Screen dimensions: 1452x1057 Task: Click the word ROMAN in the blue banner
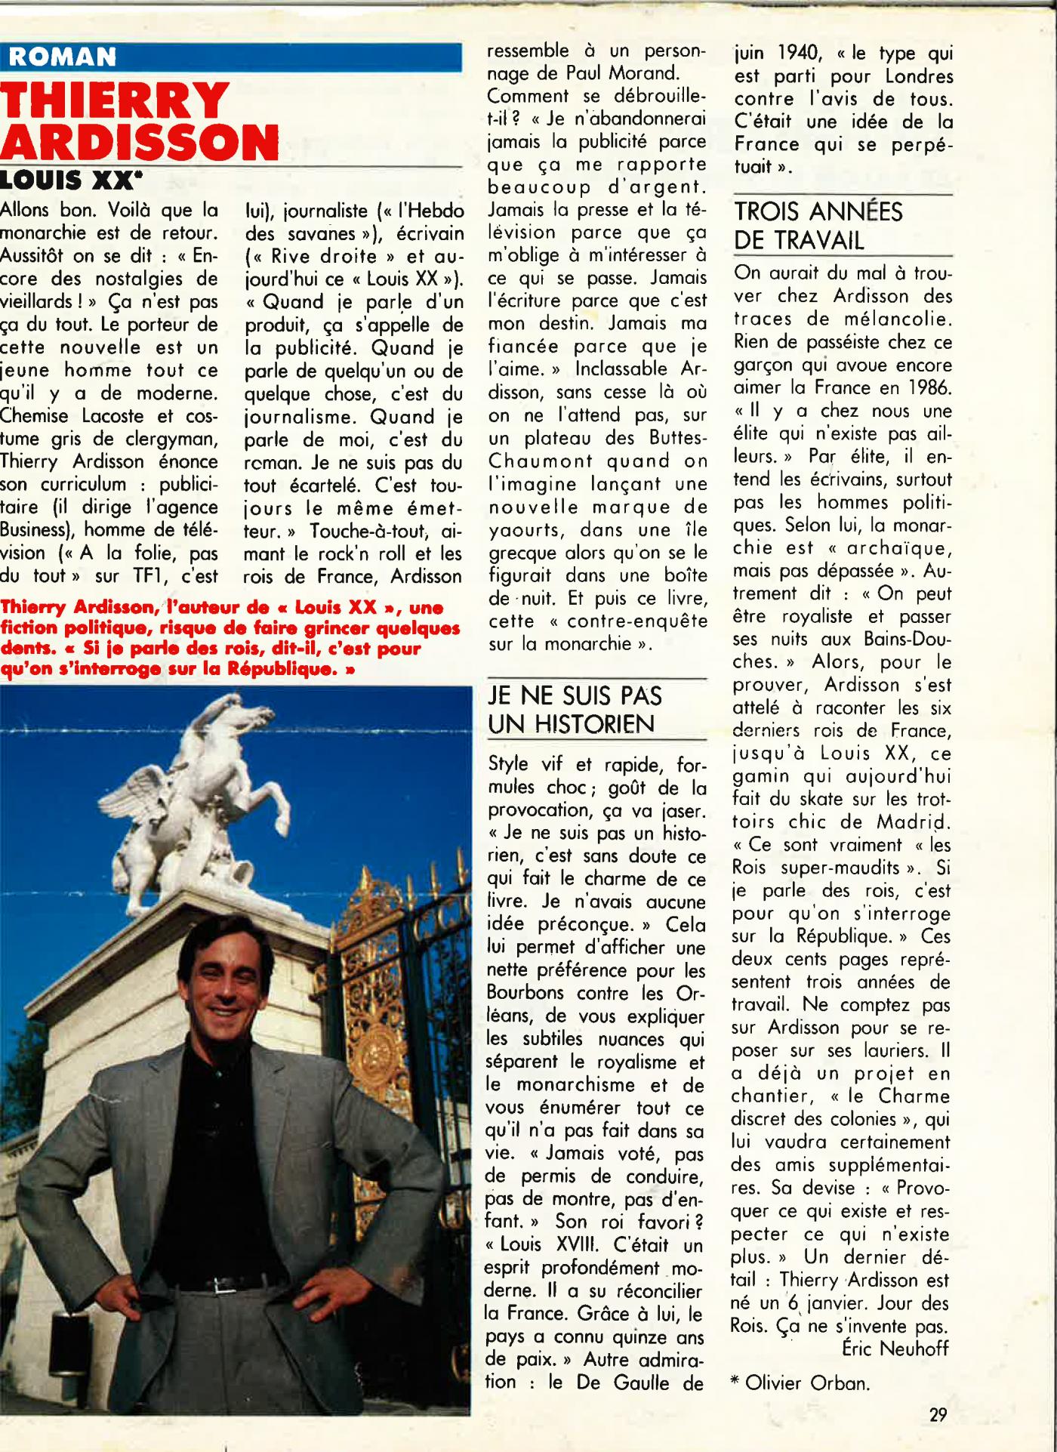(x=63, y=57)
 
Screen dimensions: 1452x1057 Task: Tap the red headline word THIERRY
(x=116, y=102)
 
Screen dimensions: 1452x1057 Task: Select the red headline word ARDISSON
(x=140, y=142)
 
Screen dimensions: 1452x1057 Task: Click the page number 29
(x=938, y=1415)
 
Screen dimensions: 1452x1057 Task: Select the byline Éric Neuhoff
(x=895, y=1349)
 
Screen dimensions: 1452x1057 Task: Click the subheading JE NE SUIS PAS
(x=575, y=696)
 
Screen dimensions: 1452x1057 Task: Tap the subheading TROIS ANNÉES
(x=818, y=212)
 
